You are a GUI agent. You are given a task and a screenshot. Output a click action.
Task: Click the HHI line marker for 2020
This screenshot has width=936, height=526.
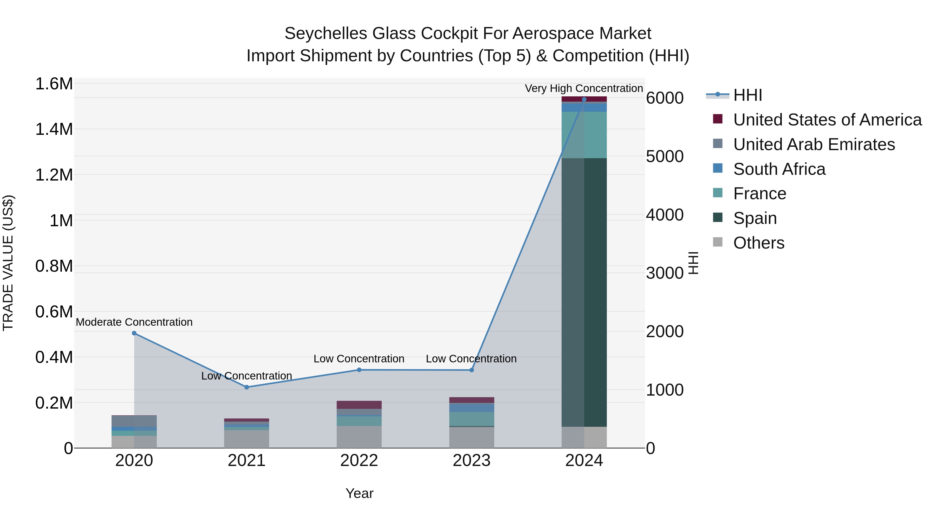click(134, 333)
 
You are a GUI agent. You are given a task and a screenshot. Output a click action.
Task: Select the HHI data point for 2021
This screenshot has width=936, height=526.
click(247, 387)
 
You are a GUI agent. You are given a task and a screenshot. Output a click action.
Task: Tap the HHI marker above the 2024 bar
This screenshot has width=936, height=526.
click(584, 99)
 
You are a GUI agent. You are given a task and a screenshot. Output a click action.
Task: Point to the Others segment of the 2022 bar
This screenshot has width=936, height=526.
click(359, 437)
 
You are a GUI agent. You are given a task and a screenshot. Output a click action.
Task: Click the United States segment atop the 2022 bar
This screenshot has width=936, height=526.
click(359, 405)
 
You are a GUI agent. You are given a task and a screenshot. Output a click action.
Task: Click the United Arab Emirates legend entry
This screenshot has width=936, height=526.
click(814, 144)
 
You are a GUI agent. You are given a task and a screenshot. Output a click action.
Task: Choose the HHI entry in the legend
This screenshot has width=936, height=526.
click(747, 95)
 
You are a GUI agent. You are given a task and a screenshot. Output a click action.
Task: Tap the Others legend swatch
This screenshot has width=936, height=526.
click(718, 242)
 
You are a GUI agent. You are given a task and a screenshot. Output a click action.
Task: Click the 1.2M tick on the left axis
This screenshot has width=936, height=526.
click(54, 175)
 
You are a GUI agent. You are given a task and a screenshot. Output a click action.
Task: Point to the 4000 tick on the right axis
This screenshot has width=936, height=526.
click(665, 215)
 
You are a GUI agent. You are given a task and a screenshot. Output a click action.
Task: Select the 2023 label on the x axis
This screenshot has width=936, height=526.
click(471, 461)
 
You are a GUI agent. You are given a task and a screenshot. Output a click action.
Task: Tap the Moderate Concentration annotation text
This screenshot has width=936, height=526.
click(134, 322)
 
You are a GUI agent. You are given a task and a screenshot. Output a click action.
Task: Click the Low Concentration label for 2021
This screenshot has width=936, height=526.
click(246, 376)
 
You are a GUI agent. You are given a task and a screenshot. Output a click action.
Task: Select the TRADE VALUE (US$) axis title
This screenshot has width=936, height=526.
click(8, 263)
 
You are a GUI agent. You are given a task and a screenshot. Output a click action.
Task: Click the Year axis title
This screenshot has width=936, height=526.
click(359, 493)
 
